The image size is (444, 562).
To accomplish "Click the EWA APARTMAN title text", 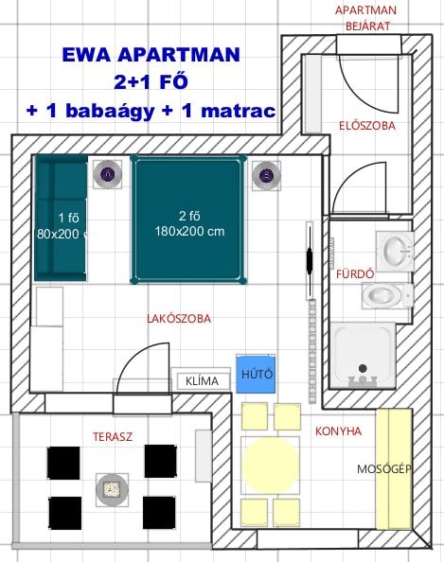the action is coord(151,55).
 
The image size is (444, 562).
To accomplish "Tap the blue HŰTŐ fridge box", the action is coord(256,374).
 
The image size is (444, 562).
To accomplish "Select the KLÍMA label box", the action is coord(203,381).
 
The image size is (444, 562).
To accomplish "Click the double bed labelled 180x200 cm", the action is coord(188,220).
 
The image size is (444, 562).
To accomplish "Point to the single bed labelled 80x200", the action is coord(61,218).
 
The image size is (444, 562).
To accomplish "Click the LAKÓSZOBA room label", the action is coord(179,319).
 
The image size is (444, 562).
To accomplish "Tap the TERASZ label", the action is coord(113,436).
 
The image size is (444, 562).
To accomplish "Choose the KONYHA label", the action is coord(338,430).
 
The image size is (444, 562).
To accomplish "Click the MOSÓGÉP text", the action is coord(383,469).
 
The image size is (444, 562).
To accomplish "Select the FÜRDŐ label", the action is coord(355,274).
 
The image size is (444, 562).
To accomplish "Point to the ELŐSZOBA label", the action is coord(367,126).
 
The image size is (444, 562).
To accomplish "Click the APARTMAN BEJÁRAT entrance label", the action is coord(366,18).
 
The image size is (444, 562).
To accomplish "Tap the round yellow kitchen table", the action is coord(270,465).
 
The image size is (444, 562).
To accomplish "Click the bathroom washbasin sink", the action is coord(396,251).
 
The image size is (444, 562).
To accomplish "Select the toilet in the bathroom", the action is coord(387,295).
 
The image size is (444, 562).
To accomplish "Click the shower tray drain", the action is coord(363,368).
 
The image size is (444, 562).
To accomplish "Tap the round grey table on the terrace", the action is coord(112,489).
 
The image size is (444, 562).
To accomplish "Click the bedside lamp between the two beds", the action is coord(108,174).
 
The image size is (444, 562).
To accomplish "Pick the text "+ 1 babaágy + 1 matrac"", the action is coord(151,111).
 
